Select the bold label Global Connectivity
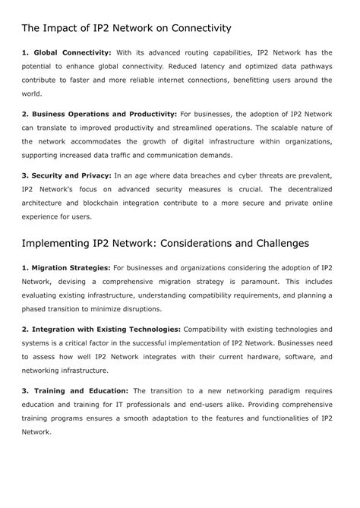[71, 52]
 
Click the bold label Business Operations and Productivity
[103, 113]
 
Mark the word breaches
[219, 175]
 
